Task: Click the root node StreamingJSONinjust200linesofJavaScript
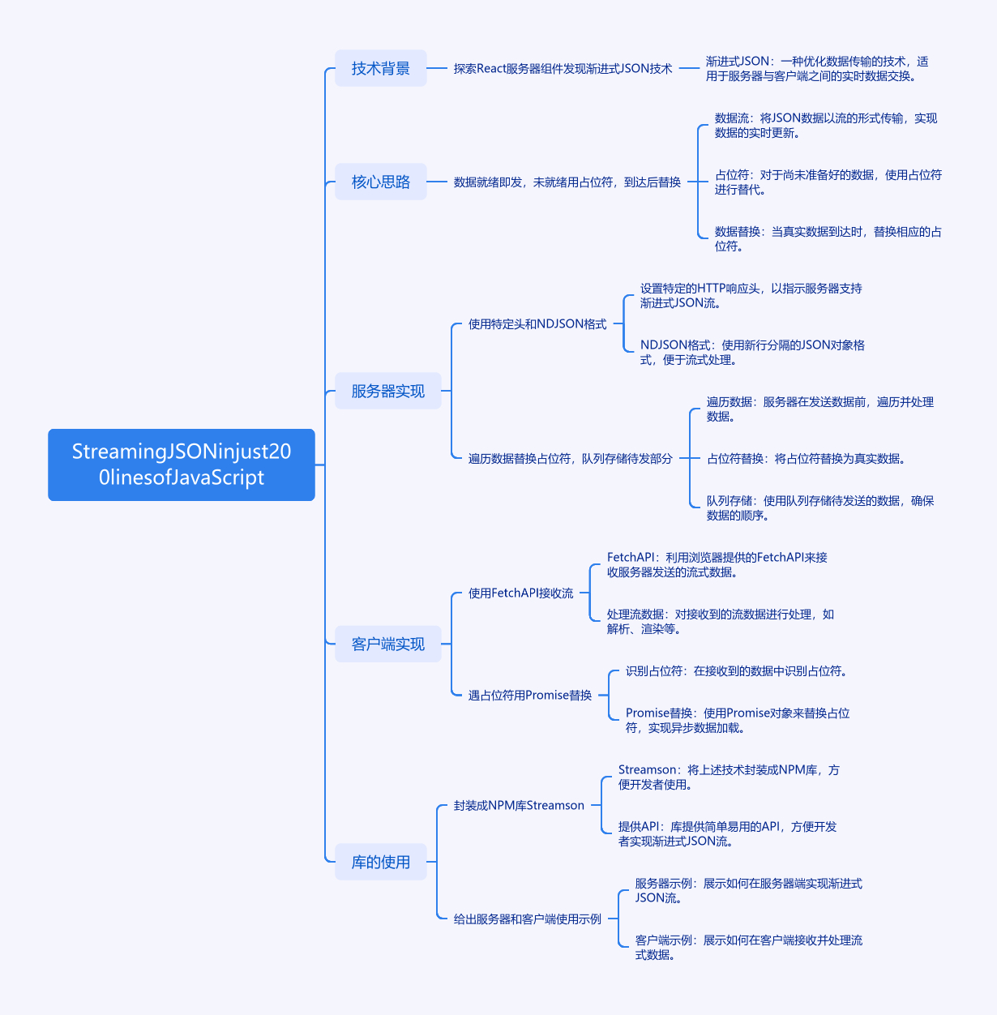(x=181, y=465)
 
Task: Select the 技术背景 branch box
(x=380, y=68)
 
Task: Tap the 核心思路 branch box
(x=380, y=182)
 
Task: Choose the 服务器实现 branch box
(x=387, y=391)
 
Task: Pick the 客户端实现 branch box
(x=387, y=644)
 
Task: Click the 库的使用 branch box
(x=380, y=862)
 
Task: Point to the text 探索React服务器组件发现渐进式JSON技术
(x=563, y=69)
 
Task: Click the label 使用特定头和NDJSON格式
(x=537, y=324)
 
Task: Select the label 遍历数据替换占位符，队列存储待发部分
(x=570, y=459)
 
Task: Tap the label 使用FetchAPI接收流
(x=520, y=593)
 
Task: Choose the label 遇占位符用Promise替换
(x=529, y=696)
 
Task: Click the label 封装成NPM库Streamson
(x=519, y=806)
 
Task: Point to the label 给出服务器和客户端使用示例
(x=527, y=919)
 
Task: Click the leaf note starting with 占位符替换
(x=806, y=459)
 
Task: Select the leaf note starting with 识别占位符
(x=736, y=671)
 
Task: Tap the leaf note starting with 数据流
(x=825, y=126)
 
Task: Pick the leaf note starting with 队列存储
(x=819, y=508)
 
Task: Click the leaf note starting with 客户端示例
(x=748, y=948)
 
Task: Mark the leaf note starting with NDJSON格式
(x=752, y=353)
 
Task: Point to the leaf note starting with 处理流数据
(x=720, y=622)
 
